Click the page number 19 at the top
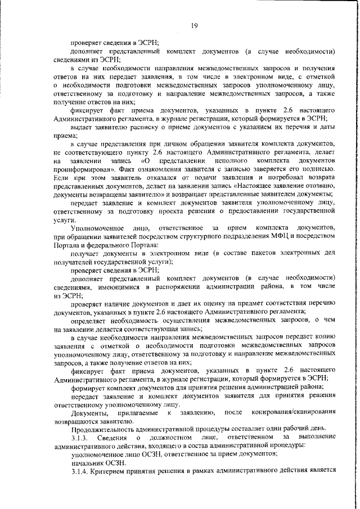pos(193,25)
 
